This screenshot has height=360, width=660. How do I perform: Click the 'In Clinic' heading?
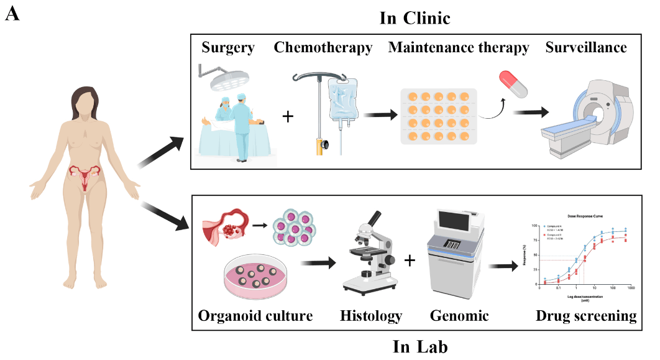[x=415, y=18]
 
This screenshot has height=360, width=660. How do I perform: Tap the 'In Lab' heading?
[x=419, y=346]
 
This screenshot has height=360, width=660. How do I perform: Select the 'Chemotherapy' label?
[x=323, y=47]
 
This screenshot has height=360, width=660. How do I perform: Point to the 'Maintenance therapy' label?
[x=459, y=47]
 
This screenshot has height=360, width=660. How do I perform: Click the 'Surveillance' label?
[x=585, y=47]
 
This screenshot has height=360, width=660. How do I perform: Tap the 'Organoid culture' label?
[x=255, y=316]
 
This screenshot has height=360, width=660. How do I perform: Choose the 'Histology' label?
[x=371, y=316]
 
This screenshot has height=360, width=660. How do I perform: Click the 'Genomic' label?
[x=459, y=316]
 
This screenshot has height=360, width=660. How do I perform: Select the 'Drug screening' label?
[x=585, y=316]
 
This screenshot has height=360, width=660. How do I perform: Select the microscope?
[x=367, y=254]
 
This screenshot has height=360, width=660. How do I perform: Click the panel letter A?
[x=12, y=14]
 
